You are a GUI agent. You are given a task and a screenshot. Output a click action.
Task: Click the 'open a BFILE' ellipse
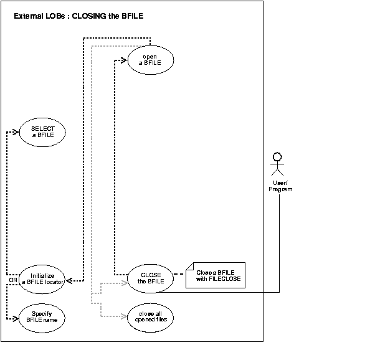[150, 61]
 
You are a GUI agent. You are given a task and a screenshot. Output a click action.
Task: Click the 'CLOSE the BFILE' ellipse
[150, 278]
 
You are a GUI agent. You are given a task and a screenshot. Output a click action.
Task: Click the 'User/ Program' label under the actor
[280, 186]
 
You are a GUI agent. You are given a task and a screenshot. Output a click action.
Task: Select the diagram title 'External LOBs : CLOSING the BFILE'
[78, 16]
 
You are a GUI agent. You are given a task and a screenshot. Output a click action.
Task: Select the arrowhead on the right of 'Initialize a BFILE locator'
[70, 282]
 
